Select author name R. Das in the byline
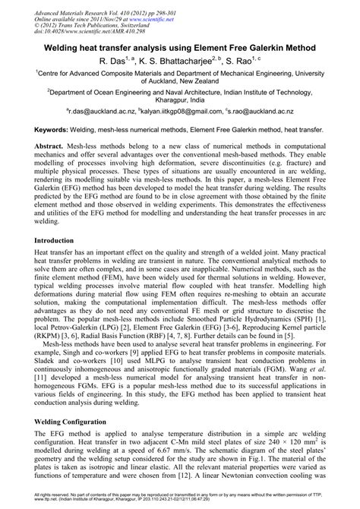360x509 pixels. [x=112, y=61]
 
